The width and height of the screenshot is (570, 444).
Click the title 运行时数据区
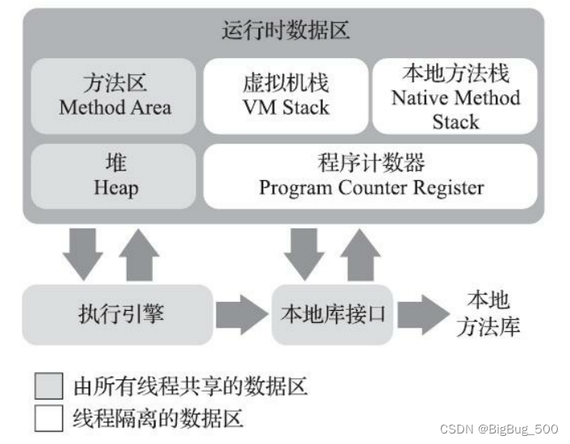coord(285,31)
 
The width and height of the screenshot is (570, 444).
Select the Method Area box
coord(115,95)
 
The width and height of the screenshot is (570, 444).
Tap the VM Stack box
coord(285,95)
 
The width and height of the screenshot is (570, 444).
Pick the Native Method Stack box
coord(455,98)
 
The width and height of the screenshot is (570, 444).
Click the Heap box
coord(115,175)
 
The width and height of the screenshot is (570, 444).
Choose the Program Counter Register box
coord(371,175)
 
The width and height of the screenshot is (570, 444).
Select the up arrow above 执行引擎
coord(138,253)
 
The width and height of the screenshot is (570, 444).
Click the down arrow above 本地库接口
coord(304,253)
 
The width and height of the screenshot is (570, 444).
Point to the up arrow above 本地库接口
coord(359,253)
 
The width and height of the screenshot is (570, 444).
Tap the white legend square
coord(48,418)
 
